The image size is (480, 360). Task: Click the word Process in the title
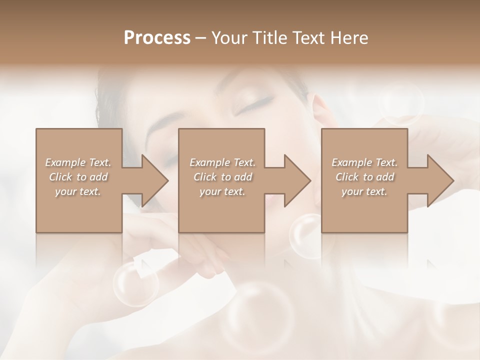click(157, 38)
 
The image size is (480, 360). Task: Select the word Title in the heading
click(270, 38)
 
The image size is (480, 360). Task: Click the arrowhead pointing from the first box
click(153, 180)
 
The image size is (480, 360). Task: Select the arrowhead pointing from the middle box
click(295, 180)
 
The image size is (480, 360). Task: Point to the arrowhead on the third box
click(439, 180)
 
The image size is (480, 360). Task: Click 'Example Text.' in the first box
click(78, 162)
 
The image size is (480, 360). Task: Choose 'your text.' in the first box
click(78, 191)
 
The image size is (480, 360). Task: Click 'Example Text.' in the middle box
click(222, 162)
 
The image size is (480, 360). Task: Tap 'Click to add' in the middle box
click(222, 177)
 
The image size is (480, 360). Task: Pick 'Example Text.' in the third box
click(364, 162)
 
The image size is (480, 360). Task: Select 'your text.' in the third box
click(364, 191)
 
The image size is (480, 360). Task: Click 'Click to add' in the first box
click(78, 177)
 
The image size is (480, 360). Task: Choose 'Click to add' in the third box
click(364, 177)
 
